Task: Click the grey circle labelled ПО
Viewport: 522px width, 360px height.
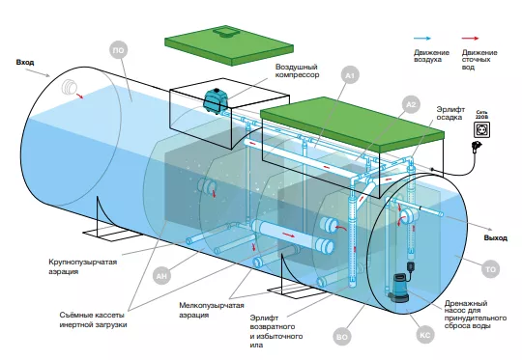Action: click(119, 50)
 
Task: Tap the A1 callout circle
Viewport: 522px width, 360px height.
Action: click(350, 76)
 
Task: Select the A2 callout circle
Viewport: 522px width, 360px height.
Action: click(411, 104)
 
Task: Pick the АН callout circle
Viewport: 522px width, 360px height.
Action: click(161, 276)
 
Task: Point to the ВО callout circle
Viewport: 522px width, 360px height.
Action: click(342, 337)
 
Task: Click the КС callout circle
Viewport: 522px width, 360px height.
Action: click(425, 335)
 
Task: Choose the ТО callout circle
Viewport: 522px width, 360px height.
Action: click(491, 269)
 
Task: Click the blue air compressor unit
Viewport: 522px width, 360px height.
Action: click(216, 100)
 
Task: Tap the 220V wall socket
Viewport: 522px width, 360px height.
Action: click(481, 129)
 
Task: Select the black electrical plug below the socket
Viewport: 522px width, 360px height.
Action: click(474, 147)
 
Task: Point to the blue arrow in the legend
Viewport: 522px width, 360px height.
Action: click(421, 39)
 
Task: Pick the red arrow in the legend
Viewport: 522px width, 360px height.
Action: click(470, 39)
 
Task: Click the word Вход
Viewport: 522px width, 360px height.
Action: click(25, 62)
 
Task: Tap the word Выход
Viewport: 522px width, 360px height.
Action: click(495, 238)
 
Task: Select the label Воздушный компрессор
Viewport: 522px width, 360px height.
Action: click(297, 70)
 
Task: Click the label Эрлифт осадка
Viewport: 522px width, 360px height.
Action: click(450, 113)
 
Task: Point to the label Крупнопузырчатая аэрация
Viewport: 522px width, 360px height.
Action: click(83, 266)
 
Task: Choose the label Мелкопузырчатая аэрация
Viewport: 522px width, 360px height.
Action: click(212, 310)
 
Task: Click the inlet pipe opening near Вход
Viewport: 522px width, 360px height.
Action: click(70, 88)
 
